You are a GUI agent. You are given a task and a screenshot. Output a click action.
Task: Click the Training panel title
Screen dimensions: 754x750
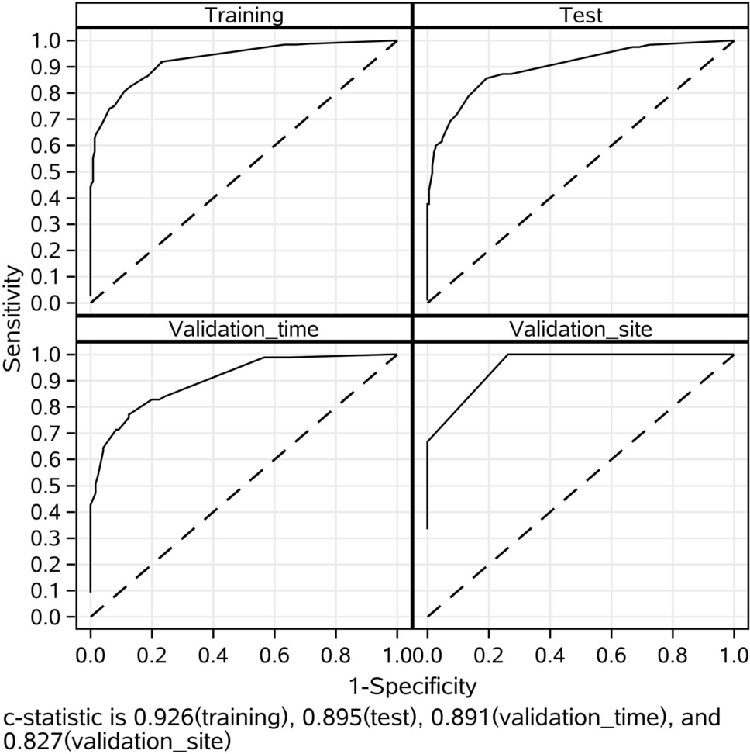point(243,16)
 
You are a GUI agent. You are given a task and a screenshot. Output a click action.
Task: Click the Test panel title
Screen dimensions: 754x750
point(580,16)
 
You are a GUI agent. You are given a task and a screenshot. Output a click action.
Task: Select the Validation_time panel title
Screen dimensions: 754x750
point(243,329)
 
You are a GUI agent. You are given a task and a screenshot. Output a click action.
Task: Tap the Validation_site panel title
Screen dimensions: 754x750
point(580,329)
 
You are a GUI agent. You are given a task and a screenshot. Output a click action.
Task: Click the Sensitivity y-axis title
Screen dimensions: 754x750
point(13,318)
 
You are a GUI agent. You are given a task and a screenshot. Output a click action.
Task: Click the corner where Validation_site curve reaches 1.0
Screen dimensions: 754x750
point(508,355)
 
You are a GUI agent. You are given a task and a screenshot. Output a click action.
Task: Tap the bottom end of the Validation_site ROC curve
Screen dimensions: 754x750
point(428,529)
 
